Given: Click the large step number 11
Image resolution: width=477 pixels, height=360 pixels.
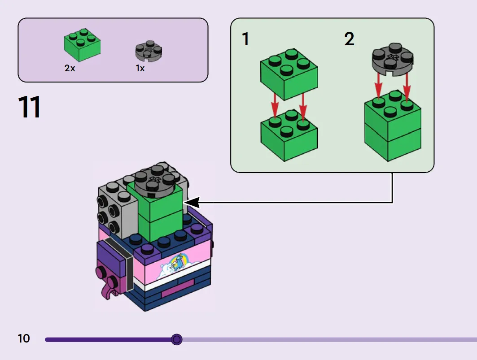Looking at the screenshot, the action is pyautogui.click(x=30, y=107).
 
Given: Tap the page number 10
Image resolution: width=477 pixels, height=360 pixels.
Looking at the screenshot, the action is pyautogui.click(x=24, y=338).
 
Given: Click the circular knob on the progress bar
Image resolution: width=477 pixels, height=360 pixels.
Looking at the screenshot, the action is pyautogui.click(x=176, y=339).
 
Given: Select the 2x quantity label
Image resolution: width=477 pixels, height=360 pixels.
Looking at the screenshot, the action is pyautogui.click(x=70, y=68).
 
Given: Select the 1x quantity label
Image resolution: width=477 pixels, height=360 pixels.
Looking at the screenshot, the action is pyautogui.click(x=140, y=69).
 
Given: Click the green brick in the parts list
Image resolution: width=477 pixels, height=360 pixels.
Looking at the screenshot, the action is pyautogui.click(x=82, y=45).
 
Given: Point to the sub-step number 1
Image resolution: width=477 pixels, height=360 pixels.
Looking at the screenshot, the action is pyautogui.click(x=245, y=39).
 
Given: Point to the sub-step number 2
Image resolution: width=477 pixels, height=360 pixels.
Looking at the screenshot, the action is pyautogui.click(x=349, y=39).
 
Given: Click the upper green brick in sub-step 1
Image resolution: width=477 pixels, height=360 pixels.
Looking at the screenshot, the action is pyautogui.click(x=289, y=74).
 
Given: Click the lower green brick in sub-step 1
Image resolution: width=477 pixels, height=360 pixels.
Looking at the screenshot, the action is pyautogui.click(x=289, y=135).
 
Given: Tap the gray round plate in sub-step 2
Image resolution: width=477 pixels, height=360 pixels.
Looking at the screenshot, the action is pyautogui.click(x=393, y=59).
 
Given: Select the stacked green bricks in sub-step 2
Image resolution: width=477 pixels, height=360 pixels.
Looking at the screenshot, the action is pyautogui.click(x=393, y=126).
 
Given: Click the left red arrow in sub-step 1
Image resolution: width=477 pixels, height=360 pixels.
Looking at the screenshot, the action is pyautogui.click(x=275, y=106).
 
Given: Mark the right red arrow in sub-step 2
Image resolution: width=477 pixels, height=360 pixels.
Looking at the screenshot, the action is pyautogui.click(x=407, y=87).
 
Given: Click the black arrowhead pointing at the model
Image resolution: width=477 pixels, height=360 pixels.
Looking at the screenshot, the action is pyautogui.click(x=192, y=203).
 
